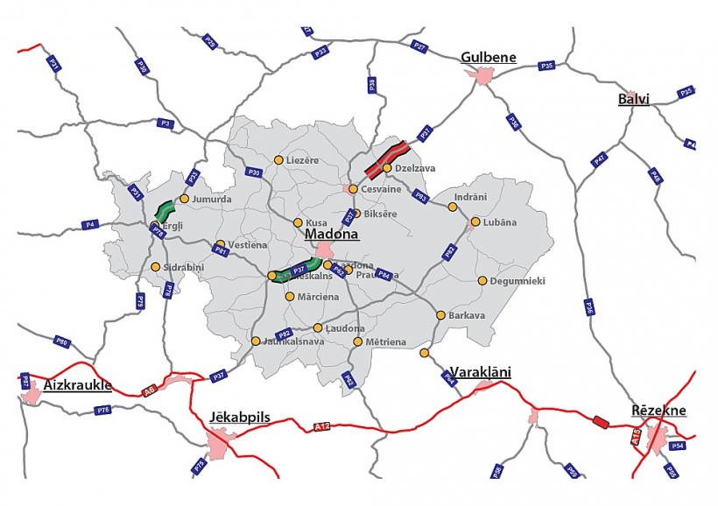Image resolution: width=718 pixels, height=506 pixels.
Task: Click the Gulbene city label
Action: coord(488,58)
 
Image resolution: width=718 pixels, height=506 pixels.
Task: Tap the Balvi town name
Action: coord(633,98)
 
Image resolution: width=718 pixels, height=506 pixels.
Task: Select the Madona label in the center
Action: coord(332,235)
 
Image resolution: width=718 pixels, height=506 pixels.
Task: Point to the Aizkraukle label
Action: coord(77,384)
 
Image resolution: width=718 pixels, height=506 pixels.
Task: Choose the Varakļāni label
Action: coord(479,372)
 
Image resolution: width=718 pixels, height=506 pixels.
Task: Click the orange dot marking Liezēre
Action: coord(278,160)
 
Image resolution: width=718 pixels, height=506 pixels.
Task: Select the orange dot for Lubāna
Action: coord(475,222)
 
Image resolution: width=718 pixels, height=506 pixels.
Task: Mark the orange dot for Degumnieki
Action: coord(482,281)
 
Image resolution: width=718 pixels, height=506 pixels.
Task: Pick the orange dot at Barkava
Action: coord(440,315)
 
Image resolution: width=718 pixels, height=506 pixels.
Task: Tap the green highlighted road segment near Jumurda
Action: coord(165,209)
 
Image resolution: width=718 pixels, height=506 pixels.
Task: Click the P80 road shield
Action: coord(61,341)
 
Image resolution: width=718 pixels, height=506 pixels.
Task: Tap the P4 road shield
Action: coord(89,225)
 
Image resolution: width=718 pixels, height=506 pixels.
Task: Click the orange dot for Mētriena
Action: coord(357,341)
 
